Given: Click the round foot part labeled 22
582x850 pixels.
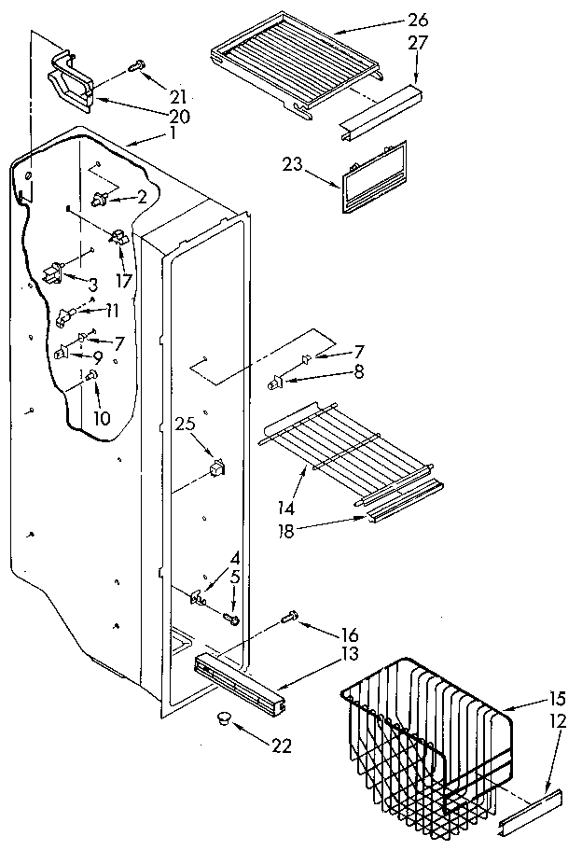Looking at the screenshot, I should click(223, 717).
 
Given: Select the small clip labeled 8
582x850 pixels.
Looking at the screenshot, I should click(275, 379).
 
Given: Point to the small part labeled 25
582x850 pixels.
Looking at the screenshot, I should click(216, 467).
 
